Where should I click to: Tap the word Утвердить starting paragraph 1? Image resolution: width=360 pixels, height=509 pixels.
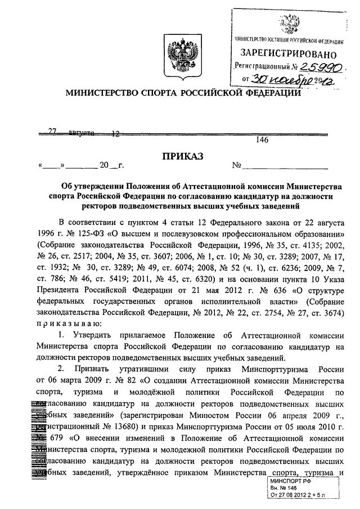click(x=93, y=335)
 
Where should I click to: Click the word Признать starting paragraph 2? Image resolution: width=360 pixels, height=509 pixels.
click(x=95, y=369)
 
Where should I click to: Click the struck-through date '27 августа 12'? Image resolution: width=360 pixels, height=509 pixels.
click(x=84, y=133)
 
